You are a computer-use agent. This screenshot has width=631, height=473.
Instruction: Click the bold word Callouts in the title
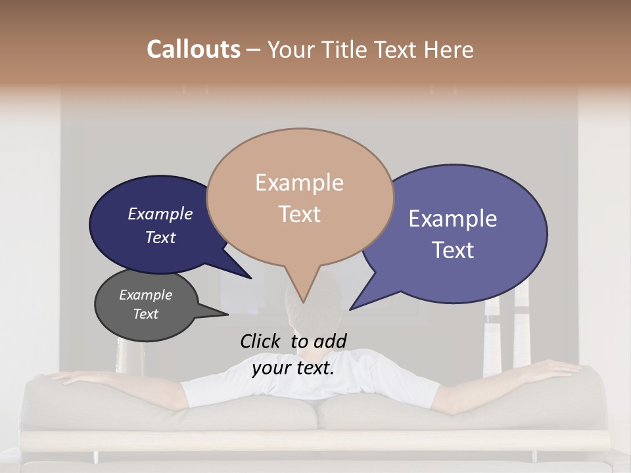pos(193,49)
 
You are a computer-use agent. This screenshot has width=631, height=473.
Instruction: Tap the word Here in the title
pos(450,49)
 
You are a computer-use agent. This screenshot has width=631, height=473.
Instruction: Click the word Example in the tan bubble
pos(299,183)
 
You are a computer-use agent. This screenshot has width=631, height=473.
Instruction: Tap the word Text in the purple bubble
pos(454,250)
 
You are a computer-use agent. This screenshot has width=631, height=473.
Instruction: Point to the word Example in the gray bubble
pos(146,295)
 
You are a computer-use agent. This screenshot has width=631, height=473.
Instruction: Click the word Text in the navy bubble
pos(160,237)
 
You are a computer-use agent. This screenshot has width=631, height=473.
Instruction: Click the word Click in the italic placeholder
pos(262,341)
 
